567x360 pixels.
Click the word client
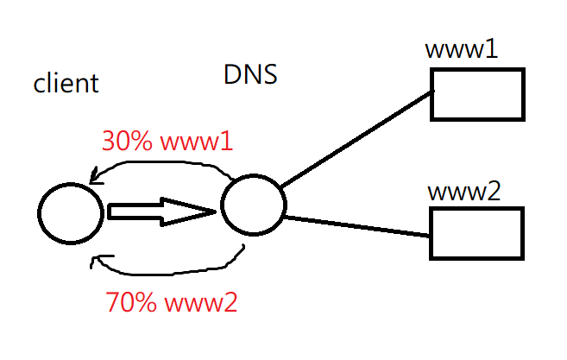66,83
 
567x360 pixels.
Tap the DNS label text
250,75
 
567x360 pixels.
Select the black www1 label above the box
462,49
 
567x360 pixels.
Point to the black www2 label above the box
464,191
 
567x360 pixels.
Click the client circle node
38,213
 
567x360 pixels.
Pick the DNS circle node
221,205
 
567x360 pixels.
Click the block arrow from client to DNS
161,212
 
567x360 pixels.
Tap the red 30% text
127,141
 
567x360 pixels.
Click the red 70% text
131,302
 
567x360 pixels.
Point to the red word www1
197,142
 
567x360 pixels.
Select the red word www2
201,303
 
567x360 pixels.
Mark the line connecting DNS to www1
356,139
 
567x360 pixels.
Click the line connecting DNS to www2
357,226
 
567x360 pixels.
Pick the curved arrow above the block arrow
159,163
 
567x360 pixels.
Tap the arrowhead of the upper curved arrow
94,178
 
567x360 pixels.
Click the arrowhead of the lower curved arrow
97,260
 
